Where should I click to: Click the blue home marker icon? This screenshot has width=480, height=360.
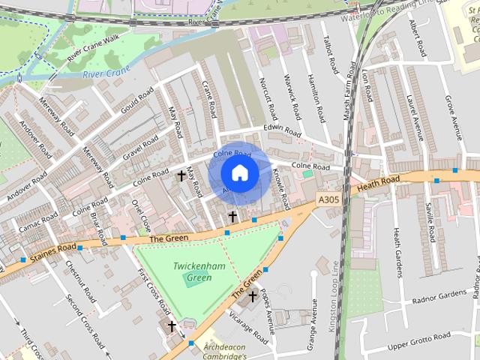[239, 172]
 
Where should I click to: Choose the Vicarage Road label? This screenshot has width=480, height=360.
[250, 328]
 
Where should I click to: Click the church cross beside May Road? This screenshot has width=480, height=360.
[181, 176]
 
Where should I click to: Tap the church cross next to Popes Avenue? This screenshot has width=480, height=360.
[253, 295]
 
